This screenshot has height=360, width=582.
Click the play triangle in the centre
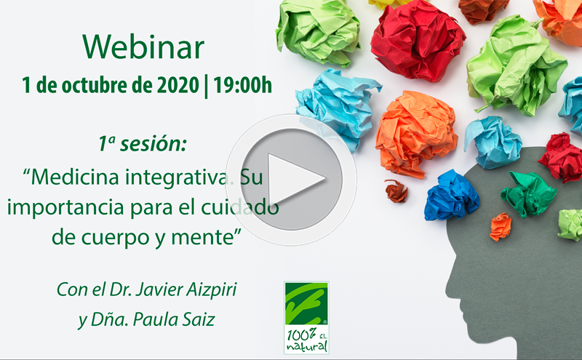293,180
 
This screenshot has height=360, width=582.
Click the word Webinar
143,47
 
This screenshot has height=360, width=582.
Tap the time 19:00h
243,85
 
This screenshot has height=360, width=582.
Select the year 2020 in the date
176,85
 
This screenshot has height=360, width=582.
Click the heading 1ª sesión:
143,143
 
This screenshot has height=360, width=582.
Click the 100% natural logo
306,317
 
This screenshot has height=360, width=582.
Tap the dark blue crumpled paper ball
451,195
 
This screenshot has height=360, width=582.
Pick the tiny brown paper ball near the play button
396,191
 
